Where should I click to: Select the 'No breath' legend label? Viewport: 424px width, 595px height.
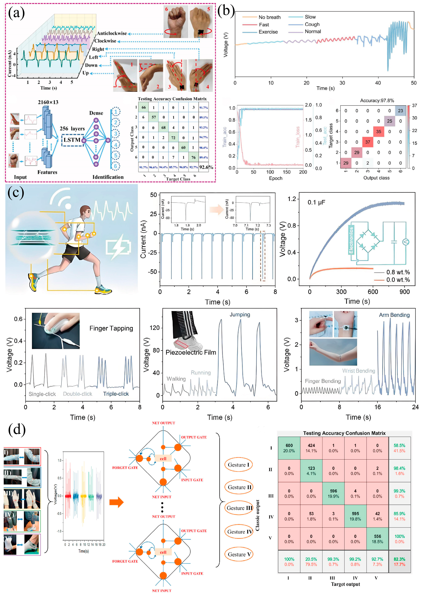(269, 17)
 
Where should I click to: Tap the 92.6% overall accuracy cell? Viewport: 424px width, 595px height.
(206, 167)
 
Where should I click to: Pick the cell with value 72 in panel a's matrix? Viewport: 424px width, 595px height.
(173, 137)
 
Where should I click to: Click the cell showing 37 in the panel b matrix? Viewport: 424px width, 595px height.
(368, 142)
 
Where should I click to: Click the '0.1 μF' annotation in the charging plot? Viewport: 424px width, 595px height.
(316, 202)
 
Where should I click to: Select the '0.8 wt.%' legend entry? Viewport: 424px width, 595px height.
(398, 272)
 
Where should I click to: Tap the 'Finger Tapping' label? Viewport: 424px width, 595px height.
(111, 328)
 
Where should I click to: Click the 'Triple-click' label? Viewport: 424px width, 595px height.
(116, 394)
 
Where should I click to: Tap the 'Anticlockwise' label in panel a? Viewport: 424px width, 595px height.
(112, 33)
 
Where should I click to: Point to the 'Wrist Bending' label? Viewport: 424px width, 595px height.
(359, 371)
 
